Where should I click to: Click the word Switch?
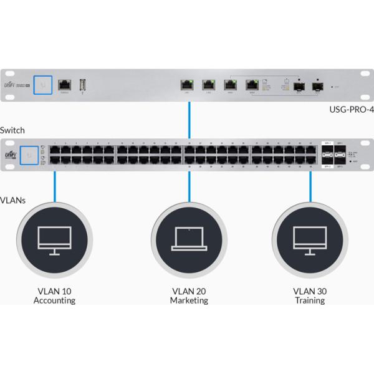12,130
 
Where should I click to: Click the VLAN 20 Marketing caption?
189,295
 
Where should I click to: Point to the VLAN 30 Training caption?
310,295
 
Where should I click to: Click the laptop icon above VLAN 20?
189,238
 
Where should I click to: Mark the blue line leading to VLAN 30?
310,185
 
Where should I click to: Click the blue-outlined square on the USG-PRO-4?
43,84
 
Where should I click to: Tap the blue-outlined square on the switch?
29,153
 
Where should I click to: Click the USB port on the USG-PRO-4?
82,84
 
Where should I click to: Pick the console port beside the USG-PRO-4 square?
64,84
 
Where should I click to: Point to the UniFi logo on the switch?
11,154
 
